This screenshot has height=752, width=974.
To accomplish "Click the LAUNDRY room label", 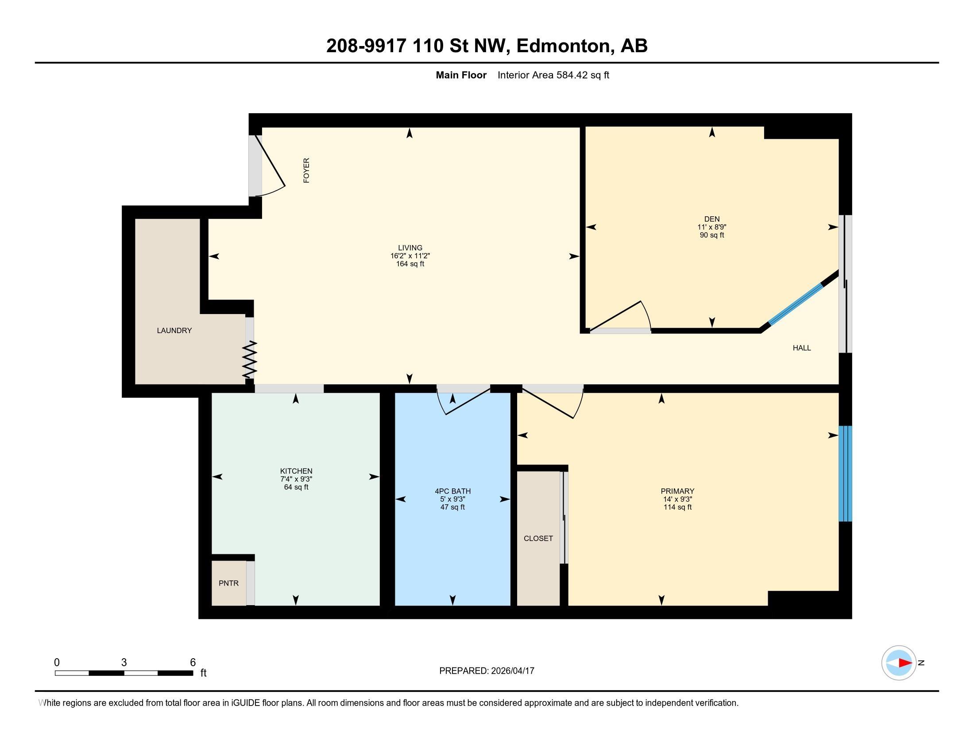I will coord(174,330).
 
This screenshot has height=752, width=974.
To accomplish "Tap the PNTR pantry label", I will coord(228,583).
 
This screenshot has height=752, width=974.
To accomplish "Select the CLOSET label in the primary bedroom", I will coord(538,539).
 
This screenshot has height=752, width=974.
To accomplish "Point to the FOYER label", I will coord(306,170).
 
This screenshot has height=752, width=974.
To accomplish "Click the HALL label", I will coord(801,348).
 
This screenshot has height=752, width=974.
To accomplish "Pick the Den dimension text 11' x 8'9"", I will coord(712,227).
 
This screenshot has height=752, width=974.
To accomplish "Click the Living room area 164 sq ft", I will coord(410,264).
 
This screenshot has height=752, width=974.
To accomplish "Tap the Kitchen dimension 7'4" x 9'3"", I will coord(296,480).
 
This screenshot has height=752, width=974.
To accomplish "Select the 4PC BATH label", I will coord(452,491).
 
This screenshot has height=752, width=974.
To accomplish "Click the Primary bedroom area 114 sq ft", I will coord(677,507).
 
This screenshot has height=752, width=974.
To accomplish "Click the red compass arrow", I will coord(905,663).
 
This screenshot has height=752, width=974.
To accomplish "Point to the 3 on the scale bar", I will coord(124,663).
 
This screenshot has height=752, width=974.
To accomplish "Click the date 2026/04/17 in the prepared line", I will coord(512,671).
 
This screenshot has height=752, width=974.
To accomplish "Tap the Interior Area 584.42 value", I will coord(572,75).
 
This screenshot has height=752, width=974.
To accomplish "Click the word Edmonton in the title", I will coord(563,46).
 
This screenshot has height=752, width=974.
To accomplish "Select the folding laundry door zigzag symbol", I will coord(250,360).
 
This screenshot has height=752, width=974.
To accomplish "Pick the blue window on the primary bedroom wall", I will coord(845,474).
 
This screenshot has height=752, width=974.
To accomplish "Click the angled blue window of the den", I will coord(796,304).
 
